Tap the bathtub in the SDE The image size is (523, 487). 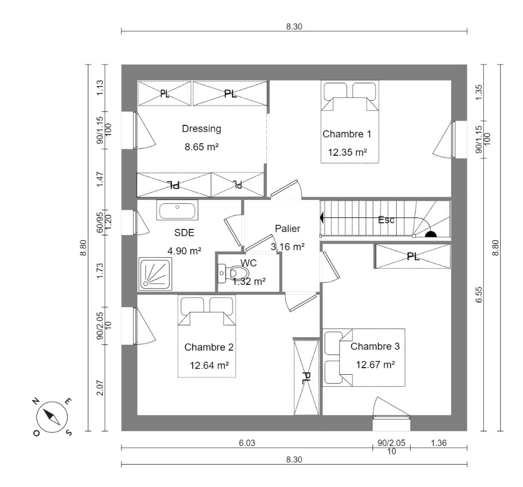coord(178,210)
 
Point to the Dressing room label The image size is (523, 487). coord(202,129)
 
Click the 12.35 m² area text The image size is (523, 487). coord(348,153)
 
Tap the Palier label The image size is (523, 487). coord(288,228)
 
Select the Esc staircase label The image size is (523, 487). coord(386,220)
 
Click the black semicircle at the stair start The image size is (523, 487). coord(431,234)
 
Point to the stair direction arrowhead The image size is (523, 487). coord(321,218)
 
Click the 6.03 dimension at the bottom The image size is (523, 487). coord(247,443)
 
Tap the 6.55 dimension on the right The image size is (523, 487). coord(479,295)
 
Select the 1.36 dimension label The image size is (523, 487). coord(439,443)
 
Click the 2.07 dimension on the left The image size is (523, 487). coord(100,388)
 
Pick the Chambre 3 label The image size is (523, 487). coord(375,346)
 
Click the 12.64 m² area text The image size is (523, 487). coord(209,366)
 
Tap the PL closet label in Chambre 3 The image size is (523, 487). coord(413,257)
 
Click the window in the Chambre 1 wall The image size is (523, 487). coord(453,139)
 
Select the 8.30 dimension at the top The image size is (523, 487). coord(294,26)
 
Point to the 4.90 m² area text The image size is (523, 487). coord(184,251)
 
